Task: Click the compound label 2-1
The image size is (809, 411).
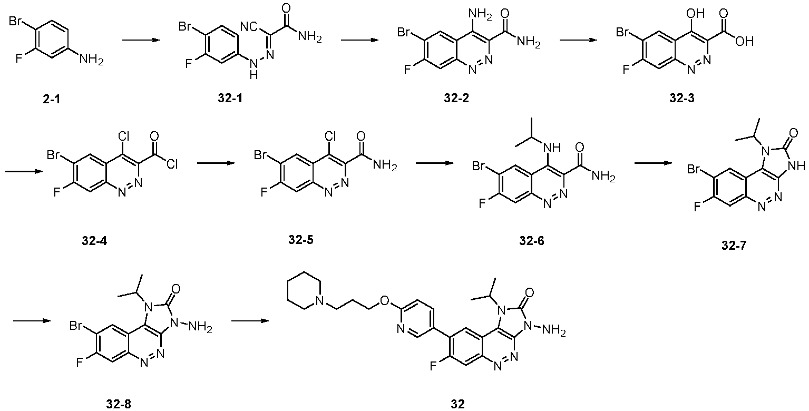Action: (51, 99)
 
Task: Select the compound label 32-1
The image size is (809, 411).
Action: (230, 98)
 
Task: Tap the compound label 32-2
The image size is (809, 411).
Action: (456, 98)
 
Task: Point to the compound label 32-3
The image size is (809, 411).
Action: (681, 98)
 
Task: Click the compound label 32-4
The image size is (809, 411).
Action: (94, 241)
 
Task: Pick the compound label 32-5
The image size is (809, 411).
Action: (301, 239)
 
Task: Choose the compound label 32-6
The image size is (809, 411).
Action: (532, 241)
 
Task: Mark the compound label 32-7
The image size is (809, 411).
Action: (734, 245)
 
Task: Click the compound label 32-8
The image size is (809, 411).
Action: (119, 404)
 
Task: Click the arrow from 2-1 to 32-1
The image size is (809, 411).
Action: (141, 40)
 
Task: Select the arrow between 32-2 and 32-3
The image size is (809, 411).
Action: (578, 40)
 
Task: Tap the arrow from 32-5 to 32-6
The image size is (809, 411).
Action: (434, 163)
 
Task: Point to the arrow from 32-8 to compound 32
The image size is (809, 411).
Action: (250, 320)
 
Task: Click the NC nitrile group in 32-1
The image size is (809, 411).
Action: (248, 26)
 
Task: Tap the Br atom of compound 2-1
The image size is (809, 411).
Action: (15, 21)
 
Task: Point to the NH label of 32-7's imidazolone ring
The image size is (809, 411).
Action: (796, 166)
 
